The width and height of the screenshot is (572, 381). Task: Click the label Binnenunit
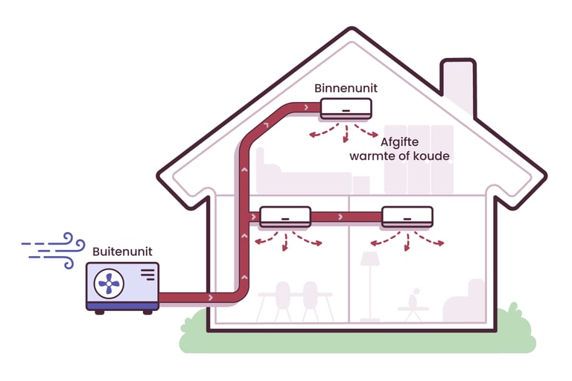(x=346, y=89)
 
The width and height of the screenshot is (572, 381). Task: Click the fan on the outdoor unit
(x=109, y=284)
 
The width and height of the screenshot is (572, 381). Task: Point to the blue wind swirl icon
(x=52, y=249)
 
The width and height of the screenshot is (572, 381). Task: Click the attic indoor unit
(x=346, y=109)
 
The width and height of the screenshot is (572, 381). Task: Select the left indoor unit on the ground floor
(x=285, y=217)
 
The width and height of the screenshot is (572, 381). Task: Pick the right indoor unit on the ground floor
(x=407, y=217)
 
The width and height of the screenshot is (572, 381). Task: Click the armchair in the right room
(x=465, y=302)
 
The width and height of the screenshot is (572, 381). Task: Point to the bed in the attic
(x=298, y=175)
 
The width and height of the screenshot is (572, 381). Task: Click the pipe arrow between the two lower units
(x=340, y=217)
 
